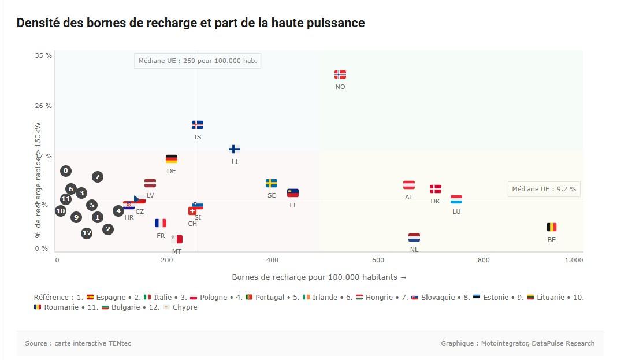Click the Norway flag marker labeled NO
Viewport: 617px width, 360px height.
click(340, 75)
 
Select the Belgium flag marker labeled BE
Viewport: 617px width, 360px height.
click(552, 227)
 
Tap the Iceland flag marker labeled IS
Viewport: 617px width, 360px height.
click(198, 125)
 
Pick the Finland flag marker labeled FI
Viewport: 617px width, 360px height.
click(235, 149)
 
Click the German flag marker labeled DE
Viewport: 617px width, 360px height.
click(172, 159)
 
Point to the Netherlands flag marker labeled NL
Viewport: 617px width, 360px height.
click(414, 237)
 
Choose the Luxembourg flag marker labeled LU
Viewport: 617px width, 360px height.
click(456, 199)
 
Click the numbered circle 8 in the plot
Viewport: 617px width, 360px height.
click(66, 170)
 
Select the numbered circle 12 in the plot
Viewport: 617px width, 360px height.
click(87, 233)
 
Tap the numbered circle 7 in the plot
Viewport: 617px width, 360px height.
click(98, 177)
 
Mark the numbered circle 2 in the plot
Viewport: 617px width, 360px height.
click(108, 229)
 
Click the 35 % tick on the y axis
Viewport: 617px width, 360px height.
click(43, 55)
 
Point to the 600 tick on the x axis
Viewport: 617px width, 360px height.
click(378, 260)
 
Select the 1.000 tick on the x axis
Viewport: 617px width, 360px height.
click(574, 260)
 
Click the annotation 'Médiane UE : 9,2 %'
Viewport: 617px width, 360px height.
click(544, 189)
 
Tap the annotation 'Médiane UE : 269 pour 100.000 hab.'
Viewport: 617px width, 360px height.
click(198, 61)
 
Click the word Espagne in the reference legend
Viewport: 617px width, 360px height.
click(110, 298)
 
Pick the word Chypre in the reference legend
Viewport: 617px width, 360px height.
click(185, 307)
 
